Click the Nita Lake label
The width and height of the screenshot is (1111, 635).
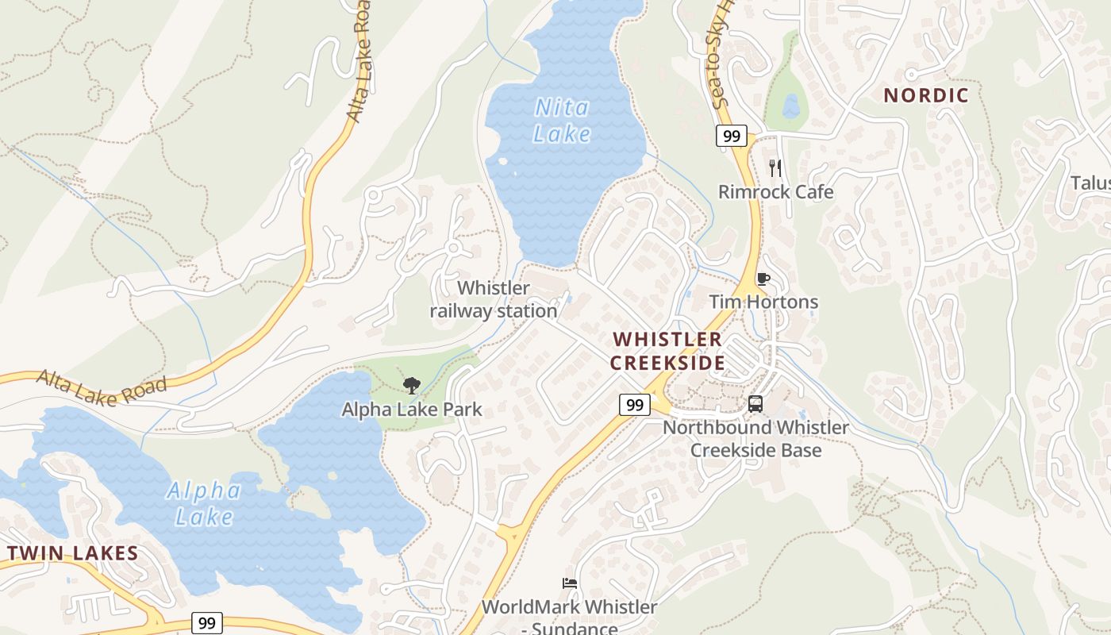tap(563, 120)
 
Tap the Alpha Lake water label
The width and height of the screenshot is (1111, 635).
tap(204, 503)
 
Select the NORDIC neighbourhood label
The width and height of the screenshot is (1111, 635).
tap(926, 95)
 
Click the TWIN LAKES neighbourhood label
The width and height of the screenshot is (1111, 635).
tap(73, 553)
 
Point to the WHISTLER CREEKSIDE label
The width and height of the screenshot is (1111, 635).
tap(667, 351)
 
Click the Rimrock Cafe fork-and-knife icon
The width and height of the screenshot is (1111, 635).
tap(775, 168)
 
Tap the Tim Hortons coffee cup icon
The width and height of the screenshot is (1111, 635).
tap(763, 279)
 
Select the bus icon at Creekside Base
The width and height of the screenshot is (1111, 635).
tap(755, 404)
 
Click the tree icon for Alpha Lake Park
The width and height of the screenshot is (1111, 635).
tap(411, 386)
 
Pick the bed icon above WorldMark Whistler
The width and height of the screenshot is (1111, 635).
tap(569, 583)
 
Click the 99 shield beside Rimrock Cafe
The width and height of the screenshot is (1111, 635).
tap(732, 136)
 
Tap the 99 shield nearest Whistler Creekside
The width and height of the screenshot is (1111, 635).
tap(634, 405)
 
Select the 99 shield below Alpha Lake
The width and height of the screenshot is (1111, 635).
tap(206, 623)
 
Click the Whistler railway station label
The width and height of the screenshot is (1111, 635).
tap(494, 299)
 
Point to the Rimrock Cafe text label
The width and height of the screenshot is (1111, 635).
tap(775, 192)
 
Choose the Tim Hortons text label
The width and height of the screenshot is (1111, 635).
tap(763, 302)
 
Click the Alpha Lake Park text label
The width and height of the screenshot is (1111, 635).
tap(412, 410)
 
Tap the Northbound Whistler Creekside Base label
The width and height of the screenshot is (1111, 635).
tap(755, 438)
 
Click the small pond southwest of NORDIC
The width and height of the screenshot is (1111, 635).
tap(790, 106)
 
